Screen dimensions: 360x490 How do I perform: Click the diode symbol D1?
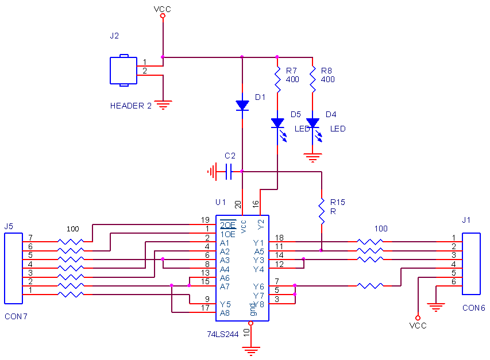[242, 106]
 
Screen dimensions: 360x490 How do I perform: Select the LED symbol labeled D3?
[277, 123]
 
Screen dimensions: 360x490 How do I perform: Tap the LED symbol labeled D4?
[312, 123]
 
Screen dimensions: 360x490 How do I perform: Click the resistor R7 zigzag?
[277, 80]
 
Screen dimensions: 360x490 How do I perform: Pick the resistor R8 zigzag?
[312, 80]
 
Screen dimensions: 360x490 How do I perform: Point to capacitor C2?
[228, 171]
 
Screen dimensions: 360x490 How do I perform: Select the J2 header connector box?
[124, 71]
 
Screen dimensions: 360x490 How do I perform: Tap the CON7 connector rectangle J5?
[13, 268]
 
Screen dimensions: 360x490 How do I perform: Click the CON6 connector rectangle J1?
[471, 264]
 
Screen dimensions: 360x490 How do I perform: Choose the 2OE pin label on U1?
[228, 225]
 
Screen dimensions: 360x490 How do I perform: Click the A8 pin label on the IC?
[225, 313]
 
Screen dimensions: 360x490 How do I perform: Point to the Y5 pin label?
[225, 304]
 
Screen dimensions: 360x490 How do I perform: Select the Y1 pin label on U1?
[258, 243]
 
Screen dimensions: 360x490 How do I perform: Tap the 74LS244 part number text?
[223, 334]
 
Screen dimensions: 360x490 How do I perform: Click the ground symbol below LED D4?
[312, 157]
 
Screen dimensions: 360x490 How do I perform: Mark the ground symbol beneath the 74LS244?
[250, 349]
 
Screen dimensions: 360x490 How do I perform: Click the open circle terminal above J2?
[163, 16]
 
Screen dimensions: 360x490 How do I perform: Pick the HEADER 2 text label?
[131, 106]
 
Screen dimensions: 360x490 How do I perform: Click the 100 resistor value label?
[381, 229]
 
